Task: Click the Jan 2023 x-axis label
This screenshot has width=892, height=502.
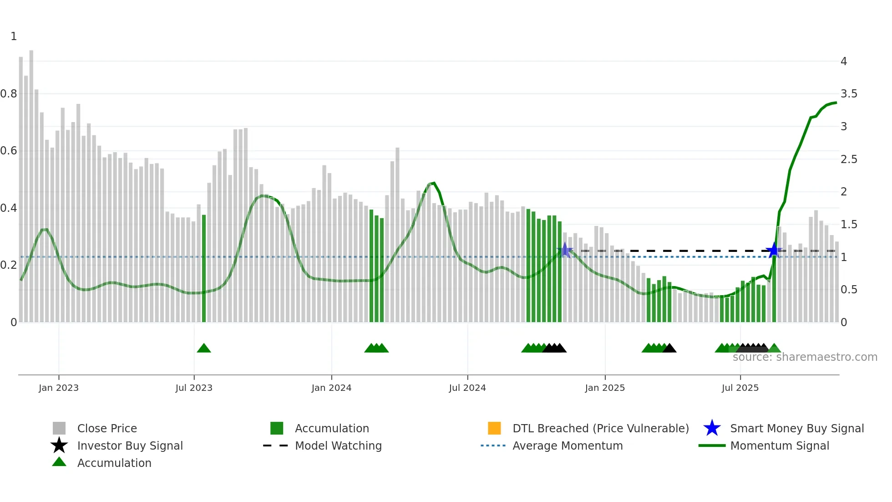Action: tap(58, 388)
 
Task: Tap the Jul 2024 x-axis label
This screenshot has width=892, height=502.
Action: tap(467, 388)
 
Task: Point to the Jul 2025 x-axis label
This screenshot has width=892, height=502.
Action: tap(740, 388)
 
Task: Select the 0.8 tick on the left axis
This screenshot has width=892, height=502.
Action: tap(9, 94)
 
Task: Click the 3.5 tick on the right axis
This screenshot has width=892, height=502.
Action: tap(849, 94)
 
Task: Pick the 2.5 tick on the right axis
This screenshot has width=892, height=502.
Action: tap(849, 159)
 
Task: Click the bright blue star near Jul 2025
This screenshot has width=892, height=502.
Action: tap(773, 250)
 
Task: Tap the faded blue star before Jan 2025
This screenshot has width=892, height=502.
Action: tap(565, 250)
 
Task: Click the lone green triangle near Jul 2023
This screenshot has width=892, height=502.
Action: tap(204, 348)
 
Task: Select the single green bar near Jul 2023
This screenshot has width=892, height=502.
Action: tap(204, 269)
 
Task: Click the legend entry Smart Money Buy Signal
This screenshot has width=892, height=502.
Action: tap(796, 428)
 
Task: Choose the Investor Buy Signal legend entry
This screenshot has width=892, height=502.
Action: tap(130, 446)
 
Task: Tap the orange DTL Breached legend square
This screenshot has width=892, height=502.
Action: tap(494, 428)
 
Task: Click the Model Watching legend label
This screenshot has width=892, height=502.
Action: tap(338, 446)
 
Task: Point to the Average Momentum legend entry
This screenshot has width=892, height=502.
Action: tap(567, 446)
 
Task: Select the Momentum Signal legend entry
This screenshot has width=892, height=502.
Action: tap(779, 446)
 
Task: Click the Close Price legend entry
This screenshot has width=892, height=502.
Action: tap(107, 428)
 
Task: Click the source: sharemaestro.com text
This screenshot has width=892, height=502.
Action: tap(805, 357)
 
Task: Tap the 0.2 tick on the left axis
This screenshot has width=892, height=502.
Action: tap(9, 265)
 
